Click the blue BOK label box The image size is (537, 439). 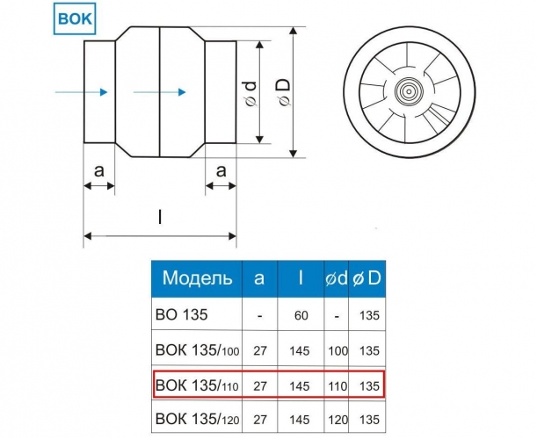75,18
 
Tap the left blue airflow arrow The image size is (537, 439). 81,92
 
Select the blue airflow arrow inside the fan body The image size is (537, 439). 160,92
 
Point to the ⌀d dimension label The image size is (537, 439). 251,93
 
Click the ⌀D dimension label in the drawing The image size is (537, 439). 284,91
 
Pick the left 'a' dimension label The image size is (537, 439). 98,170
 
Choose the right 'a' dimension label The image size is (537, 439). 221,170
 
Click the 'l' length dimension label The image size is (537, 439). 160,217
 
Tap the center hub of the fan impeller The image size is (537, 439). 409,91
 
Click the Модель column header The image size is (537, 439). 197,277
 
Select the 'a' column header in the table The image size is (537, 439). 259,278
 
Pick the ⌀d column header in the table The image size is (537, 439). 337,278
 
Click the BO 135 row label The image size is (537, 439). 182,314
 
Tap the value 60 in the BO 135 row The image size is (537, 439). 301,315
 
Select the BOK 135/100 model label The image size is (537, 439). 197,350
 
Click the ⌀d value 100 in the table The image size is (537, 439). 338,351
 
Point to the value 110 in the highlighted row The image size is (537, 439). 338,386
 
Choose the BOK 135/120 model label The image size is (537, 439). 197,419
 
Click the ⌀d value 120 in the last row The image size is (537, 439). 338,420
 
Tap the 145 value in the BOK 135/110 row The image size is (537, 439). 300,386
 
